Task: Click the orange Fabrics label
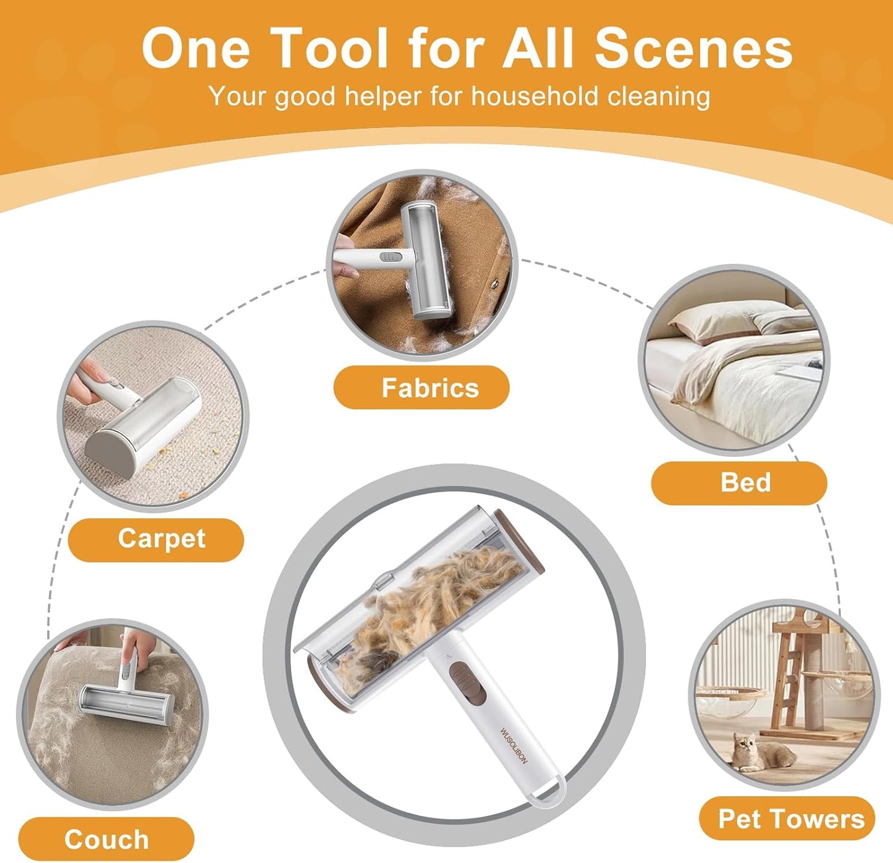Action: pos(421,388)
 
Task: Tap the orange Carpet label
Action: pos(156,540)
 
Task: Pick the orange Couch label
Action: pos(106,839)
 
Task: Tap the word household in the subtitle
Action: pos(534,96)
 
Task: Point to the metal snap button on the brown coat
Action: pos(494,284)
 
